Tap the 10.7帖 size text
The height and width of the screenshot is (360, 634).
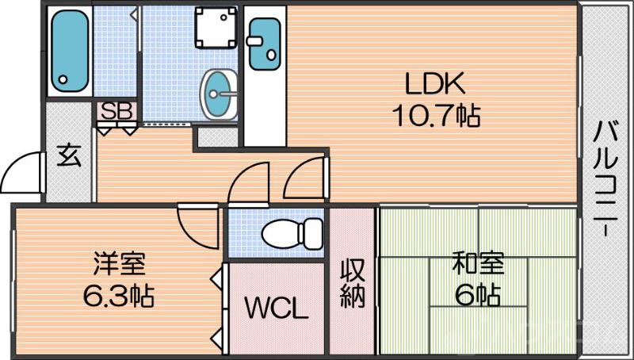435,117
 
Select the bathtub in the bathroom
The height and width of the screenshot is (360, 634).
69,52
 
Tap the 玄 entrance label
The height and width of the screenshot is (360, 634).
69,156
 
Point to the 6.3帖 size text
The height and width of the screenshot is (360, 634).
119,296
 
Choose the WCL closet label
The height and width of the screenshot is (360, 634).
275,308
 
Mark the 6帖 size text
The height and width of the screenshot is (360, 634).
477,295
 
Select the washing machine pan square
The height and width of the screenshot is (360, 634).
214,29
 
